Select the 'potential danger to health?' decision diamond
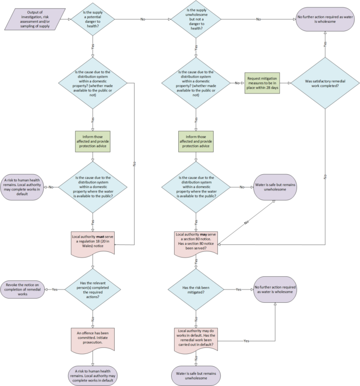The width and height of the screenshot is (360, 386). (93, 19)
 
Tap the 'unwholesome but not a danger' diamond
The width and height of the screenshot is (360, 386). (197, 19)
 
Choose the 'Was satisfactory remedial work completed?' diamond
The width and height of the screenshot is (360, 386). (324, 82)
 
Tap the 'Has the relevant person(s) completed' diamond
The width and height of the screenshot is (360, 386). (93, 289)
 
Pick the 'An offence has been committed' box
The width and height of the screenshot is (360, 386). (93, 336)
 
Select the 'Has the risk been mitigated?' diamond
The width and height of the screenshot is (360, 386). (197, 289)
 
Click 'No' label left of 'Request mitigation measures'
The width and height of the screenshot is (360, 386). (237, 82)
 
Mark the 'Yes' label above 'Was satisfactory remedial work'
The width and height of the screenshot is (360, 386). (324, 44)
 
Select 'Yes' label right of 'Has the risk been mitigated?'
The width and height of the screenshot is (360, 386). (239, 289)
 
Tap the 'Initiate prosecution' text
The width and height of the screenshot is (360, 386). (93, 342)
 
